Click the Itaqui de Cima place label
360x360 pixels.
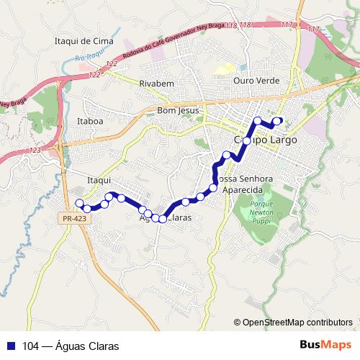click(x=84, y=41)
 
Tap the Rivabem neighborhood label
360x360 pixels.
click(x=157, y=84)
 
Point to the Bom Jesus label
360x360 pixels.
click(x=178, y=111)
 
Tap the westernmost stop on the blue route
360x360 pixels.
click(x=79, y=203)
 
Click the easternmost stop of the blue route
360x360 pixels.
click(x=278, y=121)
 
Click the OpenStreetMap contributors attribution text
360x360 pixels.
click(x=297, y=323)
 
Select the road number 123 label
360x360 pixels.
click(x=35, y=150)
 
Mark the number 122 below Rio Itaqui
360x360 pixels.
click(x=94, y=74)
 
